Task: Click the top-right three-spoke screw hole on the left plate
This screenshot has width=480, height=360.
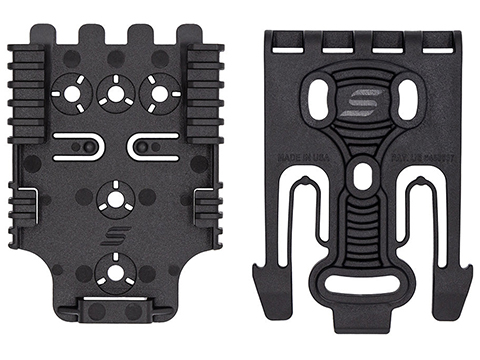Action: pyautogui.click(x=155, y=93)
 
